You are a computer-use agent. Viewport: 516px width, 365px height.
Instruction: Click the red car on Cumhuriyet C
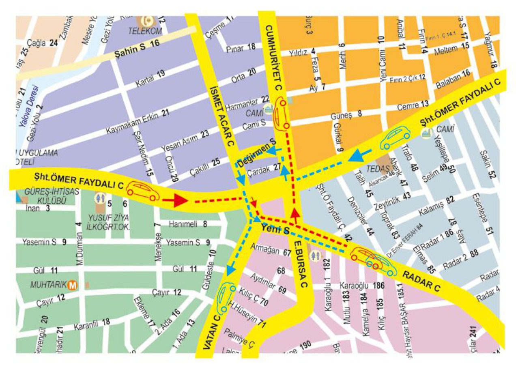click(x=281, y=114)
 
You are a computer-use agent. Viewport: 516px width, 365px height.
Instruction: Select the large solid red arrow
click(x=175, y=200)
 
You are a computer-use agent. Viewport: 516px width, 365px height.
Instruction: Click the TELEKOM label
click(x=145, y=31)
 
